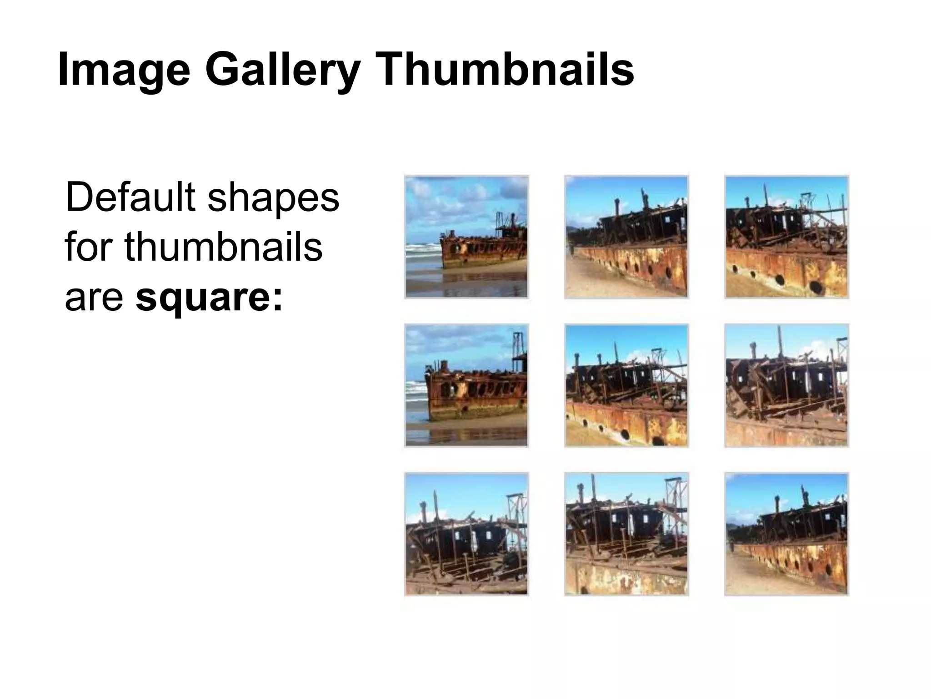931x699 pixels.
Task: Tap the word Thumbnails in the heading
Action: click(x=504, y=69)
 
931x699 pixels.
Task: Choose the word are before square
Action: click(x=94, y=298)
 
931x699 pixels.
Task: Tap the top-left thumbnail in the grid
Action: click(x=466, y=237)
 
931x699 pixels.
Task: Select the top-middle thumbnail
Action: click(x=626, y=237)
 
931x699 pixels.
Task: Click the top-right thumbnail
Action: click(x=786, y=237)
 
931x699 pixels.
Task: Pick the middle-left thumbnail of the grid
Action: click(x=466, y=385)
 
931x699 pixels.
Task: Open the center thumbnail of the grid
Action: click(x=626, y=385)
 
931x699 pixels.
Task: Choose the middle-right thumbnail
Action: click(x=786, y=385)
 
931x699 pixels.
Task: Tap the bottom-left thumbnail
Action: click(x=466, y=534)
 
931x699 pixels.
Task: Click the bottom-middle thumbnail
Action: click(x=626, y=534)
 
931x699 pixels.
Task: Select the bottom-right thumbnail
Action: click(x=786, y=534)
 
